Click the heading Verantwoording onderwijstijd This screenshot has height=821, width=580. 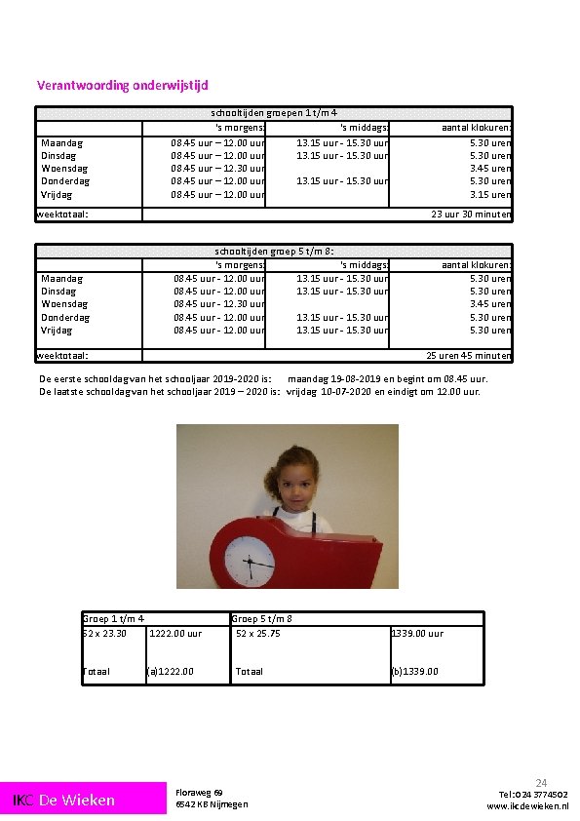(x=123, y=86)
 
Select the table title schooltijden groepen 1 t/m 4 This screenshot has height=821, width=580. (x=274, y=113)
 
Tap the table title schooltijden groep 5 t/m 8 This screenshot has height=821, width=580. (x=274, y=250)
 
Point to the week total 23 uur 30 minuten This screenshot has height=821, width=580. (x=471, y=215)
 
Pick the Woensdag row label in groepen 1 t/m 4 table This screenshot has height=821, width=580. (x=64, y=168)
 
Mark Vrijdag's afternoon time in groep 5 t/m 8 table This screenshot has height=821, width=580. (x=342, y=330)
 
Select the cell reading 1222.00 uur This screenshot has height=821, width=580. (x=175, y=634)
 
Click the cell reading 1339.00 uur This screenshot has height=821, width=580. (x=417, y=634)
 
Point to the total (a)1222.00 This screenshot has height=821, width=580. (x=171, y=671)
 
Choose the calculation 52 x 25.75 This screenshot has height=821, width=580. (x=258, y=634)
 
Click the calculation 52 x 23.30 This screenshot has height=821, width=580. (x=104, y=634)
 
